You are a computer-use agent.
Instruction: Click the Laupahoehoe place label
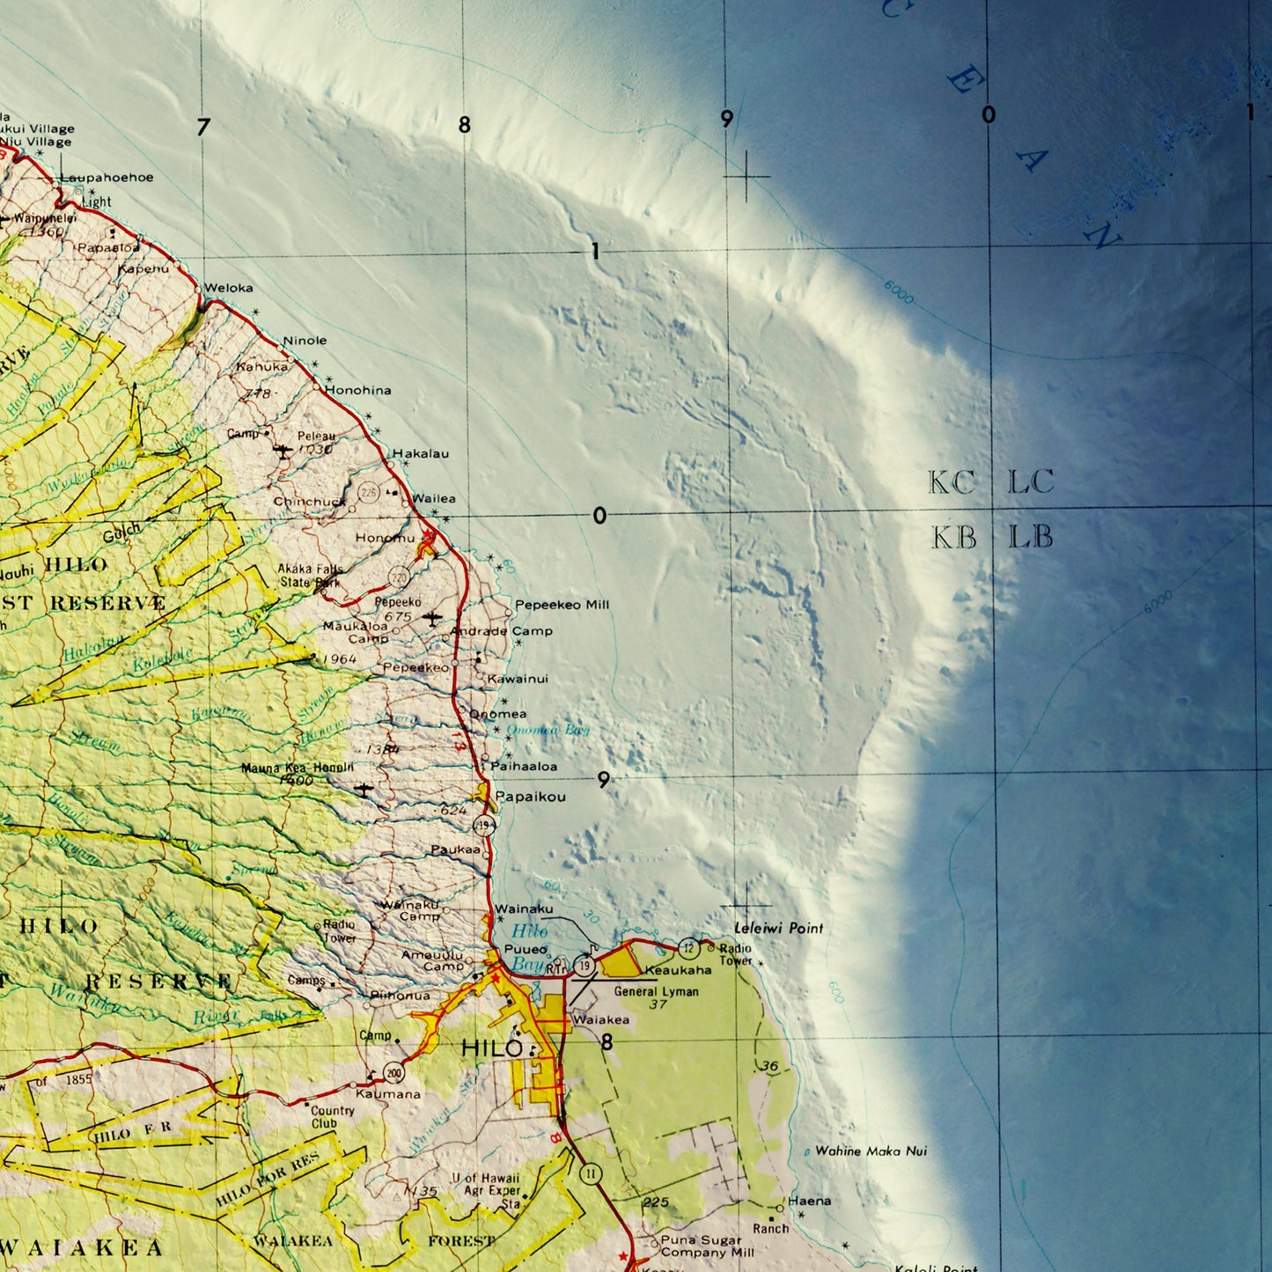click(x=107, y=178)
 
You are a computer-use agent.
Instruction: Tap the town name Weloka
click(x=228, y=288)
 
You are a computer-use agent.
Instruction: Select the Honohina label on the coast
click(x=357, y=390)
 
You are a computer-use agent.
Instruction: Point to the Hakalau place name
click(x=420, y=453)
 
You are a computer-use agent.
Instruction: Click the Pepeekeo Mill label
click(x=562, y=605)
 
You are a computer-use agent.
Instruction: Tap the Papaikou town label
click(x=530, y=797)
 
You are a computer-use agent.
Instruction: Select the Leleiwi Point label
click(x=778, y=928)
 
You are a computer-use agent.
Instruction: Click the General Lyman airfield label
click(x=656, y=991)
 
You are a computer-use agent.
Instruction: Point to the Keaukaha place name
click(x=678, y=970)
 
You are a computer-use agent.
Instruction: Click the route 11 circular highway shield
click(x=590, y=1173)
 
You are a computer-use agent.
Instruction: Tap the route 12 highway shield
click(x=689, y=948)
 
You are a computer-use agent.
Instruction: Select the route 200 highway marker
click(x=393, y=1072)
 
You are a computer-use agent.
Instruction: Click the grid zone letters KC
click(x=952, y=482)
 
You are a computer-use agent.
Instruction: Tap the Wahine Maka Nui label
click(x=870, y=1151)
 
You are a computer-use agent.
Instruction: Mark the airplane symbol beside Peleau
click(x=282, y=452)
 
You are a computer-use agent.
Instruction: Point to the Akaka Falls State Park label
click(x=310, y=576)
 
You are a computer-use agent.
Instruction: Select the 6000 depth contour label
click(x=899, y=292)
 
